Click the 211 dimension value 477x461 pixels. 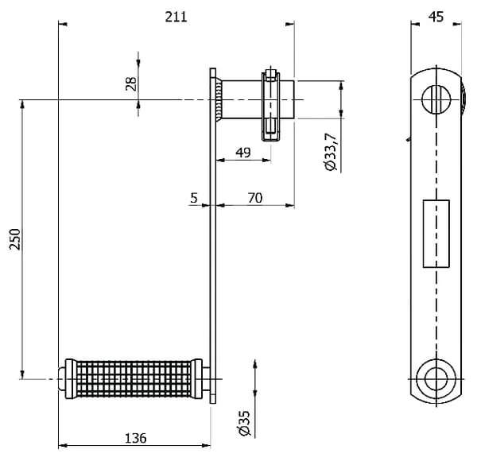[176, 17]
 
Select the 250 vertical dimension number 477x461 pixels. [15, 239]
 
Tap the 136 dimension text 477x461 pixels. [136, 438]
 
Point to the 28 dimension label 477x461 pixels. [131, 83]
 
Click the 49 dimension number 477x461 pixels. [243, 152]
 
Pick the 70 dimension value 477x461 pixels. [255, 198]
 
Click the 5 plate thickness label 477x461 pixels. [194, 198]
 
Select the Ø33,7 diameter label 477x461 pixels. [332, 152]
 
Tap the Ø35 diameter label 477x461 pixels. [245, 424]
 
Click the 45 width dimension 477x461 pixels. [436, 17]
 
